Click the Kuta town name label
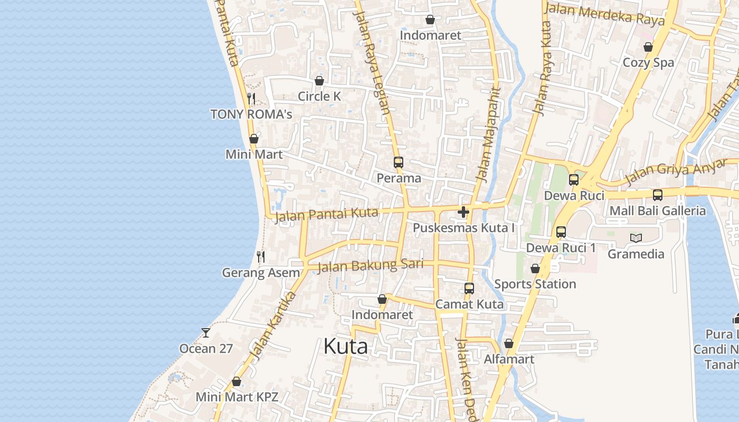pyautogui.click(x=345, y=347)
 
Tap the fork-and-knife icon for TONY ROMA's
pyautogui.click(x=251, y=98)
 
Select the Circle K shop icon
pyautogui.click(x=319, y=81)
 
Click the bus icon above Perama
pyautogui.click(x=398, y=162)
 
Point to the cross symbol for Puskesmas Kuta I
pyautogui.click(x=463, y=212)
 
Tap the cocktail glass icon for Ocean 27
pyautogui.click(x=206, y=332)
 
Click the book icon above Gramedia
pyautogui.click(x=636, y=238)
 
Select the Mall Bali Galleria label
pyautogui.click(x=657, y=211)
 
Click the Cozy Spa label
pyautogui.click(x=648, y=62)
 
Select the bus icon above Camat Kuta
pyautogui.click(x=469, y=289)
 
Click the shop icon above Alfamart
pyautogui.click(x=508, y=343)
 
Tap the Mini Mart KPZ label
pyautogui.click(x=236, y=397)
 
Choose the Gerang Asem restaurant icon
pyautogui.click(x=260, y=257)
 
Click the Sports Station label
pyautogui.click(x=535, y=284)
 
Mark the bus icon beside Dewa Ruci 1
pyautogui.click(x=561, y=232)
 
